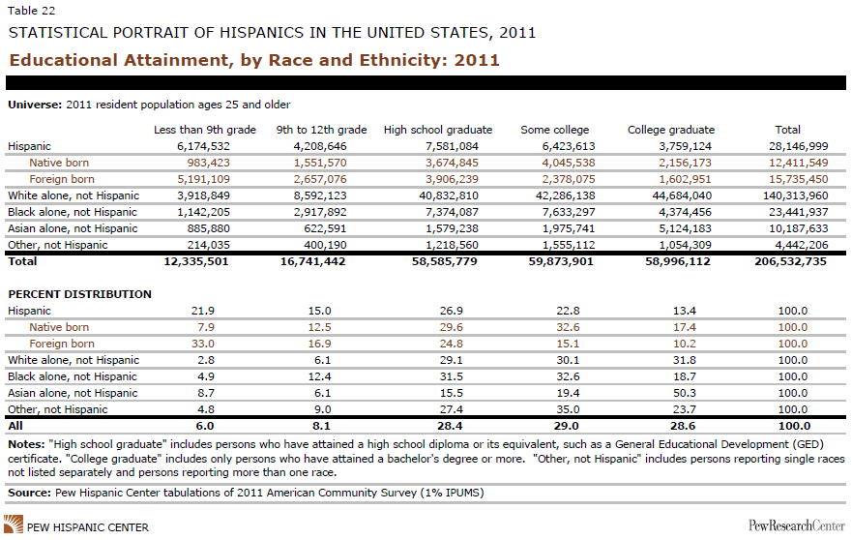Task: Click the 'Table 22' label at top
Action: click(x=32, y=11)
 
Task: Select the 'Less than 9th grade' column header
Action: click(x=205, y=130)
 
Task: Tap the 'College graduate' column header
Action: click(x=671, y=130)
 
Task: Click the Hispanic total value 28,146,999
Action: click(x=798, y=146)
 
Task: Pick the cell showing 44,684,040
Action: click(x=682, y=195)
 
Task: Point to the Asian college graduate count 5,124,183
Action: click(x=684, y=228)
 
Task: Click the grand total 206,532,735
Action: click(x=791, y=261)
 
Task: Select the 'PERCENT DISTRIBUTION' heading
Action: click(x=80, y=294)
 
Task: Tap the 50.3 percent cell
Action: click(x=684, y=393)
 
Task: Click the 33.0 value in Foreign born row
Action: click(x=203, y=344)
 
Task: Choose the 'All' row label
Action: click(x=15, y=426)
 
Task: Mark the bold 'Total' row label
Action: click(x=22, y=261)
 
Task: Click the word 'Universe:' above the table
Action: click(x=35, y=105)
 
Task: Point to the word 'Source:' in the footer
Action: click(x=29, y=493)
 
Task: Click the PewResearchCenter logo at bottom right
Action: click(x=797, y=525)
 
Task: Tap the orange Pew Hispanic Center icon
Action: click(x=14, y=525)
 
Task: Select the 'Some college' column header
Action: click(x=555, y=130)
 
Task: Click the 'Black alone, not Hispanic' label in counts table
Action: click(x=73, y=212)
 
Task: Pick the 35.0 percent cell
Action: click(x=568, y=409)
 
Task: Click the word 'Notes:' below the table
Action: click(x=26, y=444)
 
